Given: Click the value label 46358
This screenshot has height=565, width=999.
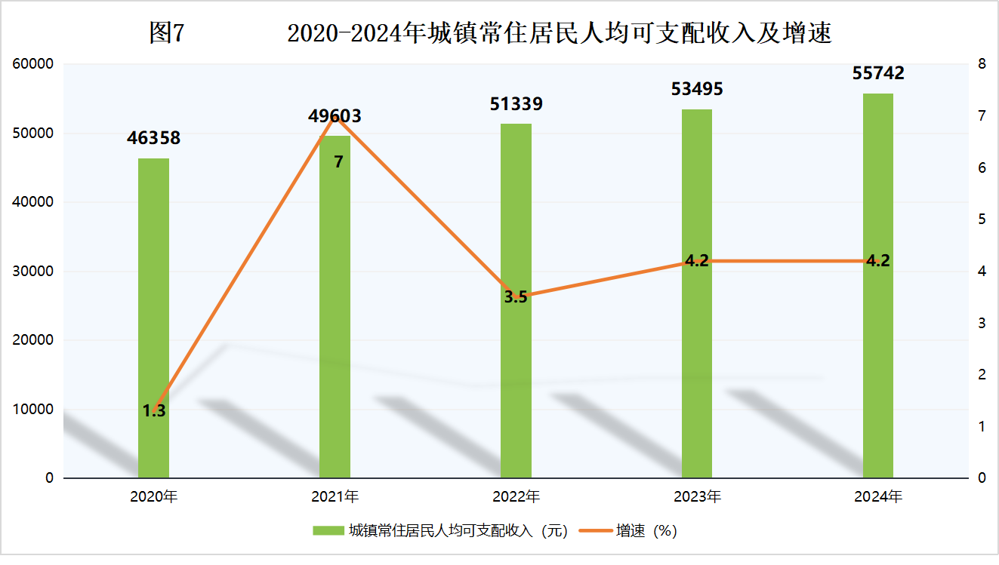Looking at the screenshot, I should [153, 138].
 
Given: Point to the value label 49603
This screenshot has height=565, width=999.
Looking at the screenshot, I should [335, 116].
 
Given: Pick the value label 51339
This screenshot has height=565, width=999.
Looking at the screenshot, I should [516, 104].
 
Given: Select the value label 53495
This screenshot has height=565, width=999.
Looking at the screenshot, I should [696, 89].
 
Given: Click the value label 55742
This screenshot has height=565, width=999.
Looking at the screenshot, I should [877, 73].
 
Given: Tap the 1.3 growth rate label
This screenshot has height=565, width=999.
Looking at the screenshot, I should [154, 411].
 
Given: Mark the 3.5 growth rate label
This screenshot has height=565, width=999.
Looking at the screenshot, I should [516, 297].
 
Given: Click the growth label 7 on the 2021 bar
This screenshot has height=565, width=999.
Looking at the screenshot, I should [338, 161].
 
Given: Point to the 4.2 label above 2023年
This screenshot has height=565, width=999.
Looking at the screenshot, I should [696, 261].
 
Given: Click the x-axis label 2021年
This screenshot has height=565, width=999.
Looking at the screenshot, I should [335, 497].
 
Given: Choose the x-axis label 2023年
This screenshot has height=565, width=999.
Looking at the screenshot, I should [696, 497].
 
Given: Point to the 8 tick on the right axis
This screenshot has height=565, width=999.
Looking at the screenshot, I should [982, 64].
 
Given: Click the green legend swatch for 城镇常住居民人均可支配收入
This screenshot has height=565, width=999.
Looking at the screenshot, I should [328, 531].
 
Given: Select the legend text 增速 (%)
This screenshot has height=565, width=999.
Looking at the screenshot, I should [646, 531].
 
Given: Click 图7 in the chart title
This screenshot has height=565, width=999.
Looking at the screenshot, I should [166, 33].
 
